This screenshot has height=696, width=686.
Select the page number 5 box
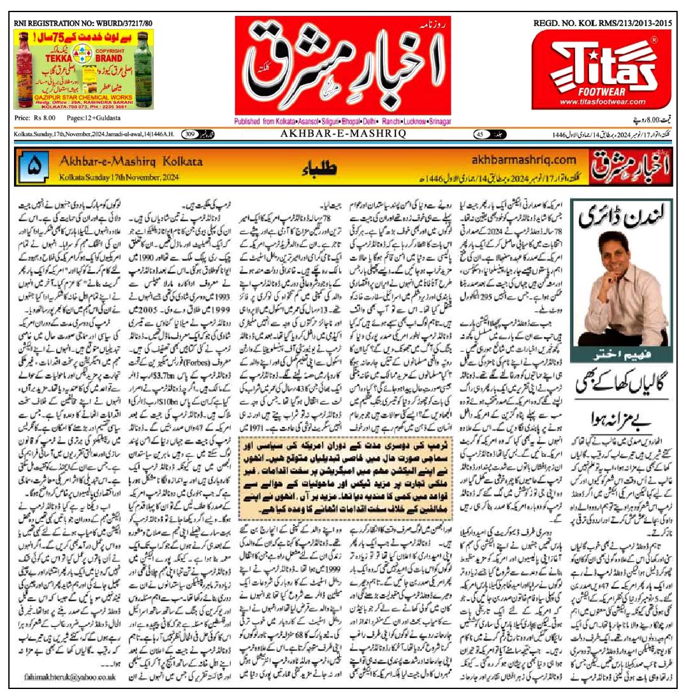34,167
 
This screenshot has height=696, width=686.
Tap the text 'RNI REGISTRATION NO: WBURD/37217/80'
83,24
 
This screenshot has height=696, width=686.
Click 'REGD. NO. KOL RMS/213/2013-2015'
602,24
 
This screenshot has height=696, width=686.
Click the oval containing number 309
190,134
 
